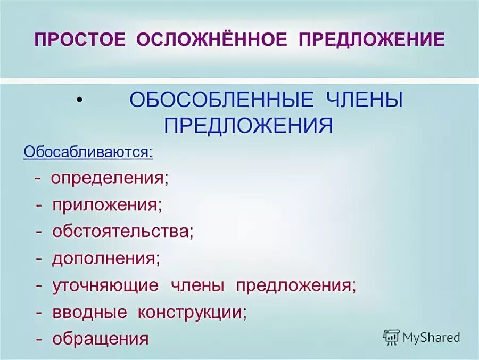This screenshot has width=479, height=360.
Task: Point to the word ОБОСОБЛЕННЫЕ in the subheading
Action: [x=221, y=101]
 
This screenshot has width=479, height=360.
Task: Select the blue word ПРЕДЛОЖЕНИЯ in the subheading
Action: [x=249, y=126]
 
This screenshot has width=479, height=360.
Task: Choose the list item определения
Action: [x=109, y=178]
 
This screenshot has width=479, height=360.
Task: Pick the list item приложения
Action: [x=106, y=205]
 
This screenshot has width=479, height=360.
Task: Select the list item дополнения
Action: [x=105, y=258]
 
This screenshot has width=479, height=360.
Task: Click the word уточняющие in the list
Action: [x=105, y=285]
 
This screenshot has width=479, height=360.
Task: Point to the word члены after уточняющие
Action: [x=197, y=285]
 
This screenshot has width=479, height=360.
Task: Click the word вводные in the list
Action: [x=89, y=312]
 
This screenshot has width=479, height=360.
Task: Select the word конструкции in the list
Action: [x=192, y=312]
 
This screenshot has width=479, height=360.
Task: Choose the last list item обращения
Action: [x=100, y=339]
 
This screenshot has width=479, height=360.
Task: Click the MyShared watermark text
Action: [x=431, y=337]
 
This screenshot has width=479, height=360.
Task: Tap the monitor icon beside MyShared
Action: [x=391, y=337]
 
